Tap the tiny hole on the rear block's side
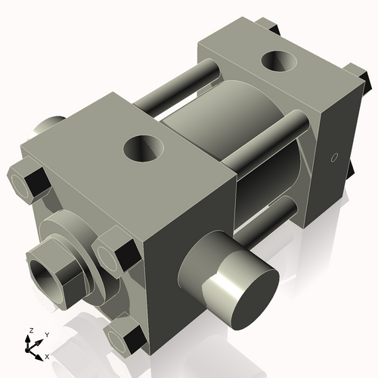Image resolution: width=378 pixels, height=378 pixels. pos(333,159)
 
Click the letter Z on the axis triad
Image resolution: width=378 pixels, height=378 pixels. pos(29,330)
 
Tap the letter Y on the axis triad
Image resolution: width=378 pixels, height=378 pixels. pos(46,333)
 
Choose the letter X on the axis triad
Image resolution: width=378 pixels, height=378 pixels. pos(47,355)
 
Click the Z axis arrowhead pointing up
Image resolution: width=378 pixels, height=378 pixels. pos(29,339)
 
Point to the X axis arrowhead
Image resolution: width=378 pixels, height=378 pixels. pos(39,353)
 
